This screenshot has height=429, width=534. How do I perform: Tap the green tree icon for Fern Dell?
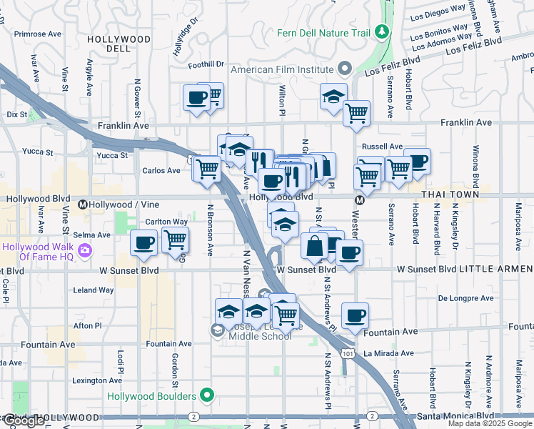[x=382, y=31]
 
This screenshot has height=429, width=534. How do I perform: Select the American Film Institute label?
[x=282, y=69]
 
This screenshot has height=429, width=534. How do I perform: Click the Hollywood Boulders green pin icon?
[x=207, y=395]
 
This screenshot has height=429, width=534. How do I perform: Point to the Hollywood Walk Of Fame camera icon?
[x=85, y=250]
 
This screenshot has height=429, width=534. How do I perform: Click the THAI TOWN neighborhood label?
[x=447, y=194]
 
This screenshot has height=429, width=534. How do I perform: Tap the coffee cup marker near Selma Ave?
[x=143, y=243]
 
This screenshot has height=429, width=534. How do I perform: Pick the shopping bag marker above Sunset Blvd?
[x=313, y=245]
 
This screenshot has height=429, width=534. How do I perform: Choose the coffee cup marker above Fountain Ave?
[x=355, y=315]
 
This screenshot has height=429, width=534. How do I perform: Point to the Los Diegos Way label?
[x=438, y=11]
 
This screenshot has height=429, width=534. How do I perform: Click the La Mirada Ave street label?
[x=388, y=353]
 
